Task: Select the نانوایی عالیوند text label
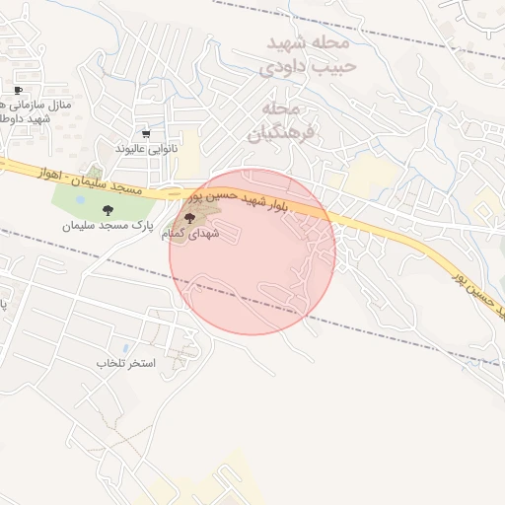pyautogui.click(x=145, y=149)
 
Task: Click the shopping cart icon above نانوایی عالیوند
pyautogui.click(x=146, y=134)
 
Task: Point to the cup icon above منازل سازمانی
pyautogui.click(x=18, y=90)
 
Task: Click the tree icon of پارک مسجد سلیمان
pyautogui.click(x=107, y=209)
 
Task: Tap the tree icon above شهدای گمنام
pyautogui.click(x=189, y=217)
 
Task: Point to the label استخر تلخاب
pyautogui.click(x=125, y=364)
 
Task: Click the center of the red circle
pyautogui.click(x=252, y=252)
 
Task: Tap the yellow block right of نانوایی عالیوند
pyautogui.click(x=187, y=153)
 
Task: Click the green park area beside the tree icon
pyautogui.click(x=79, y=202)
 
